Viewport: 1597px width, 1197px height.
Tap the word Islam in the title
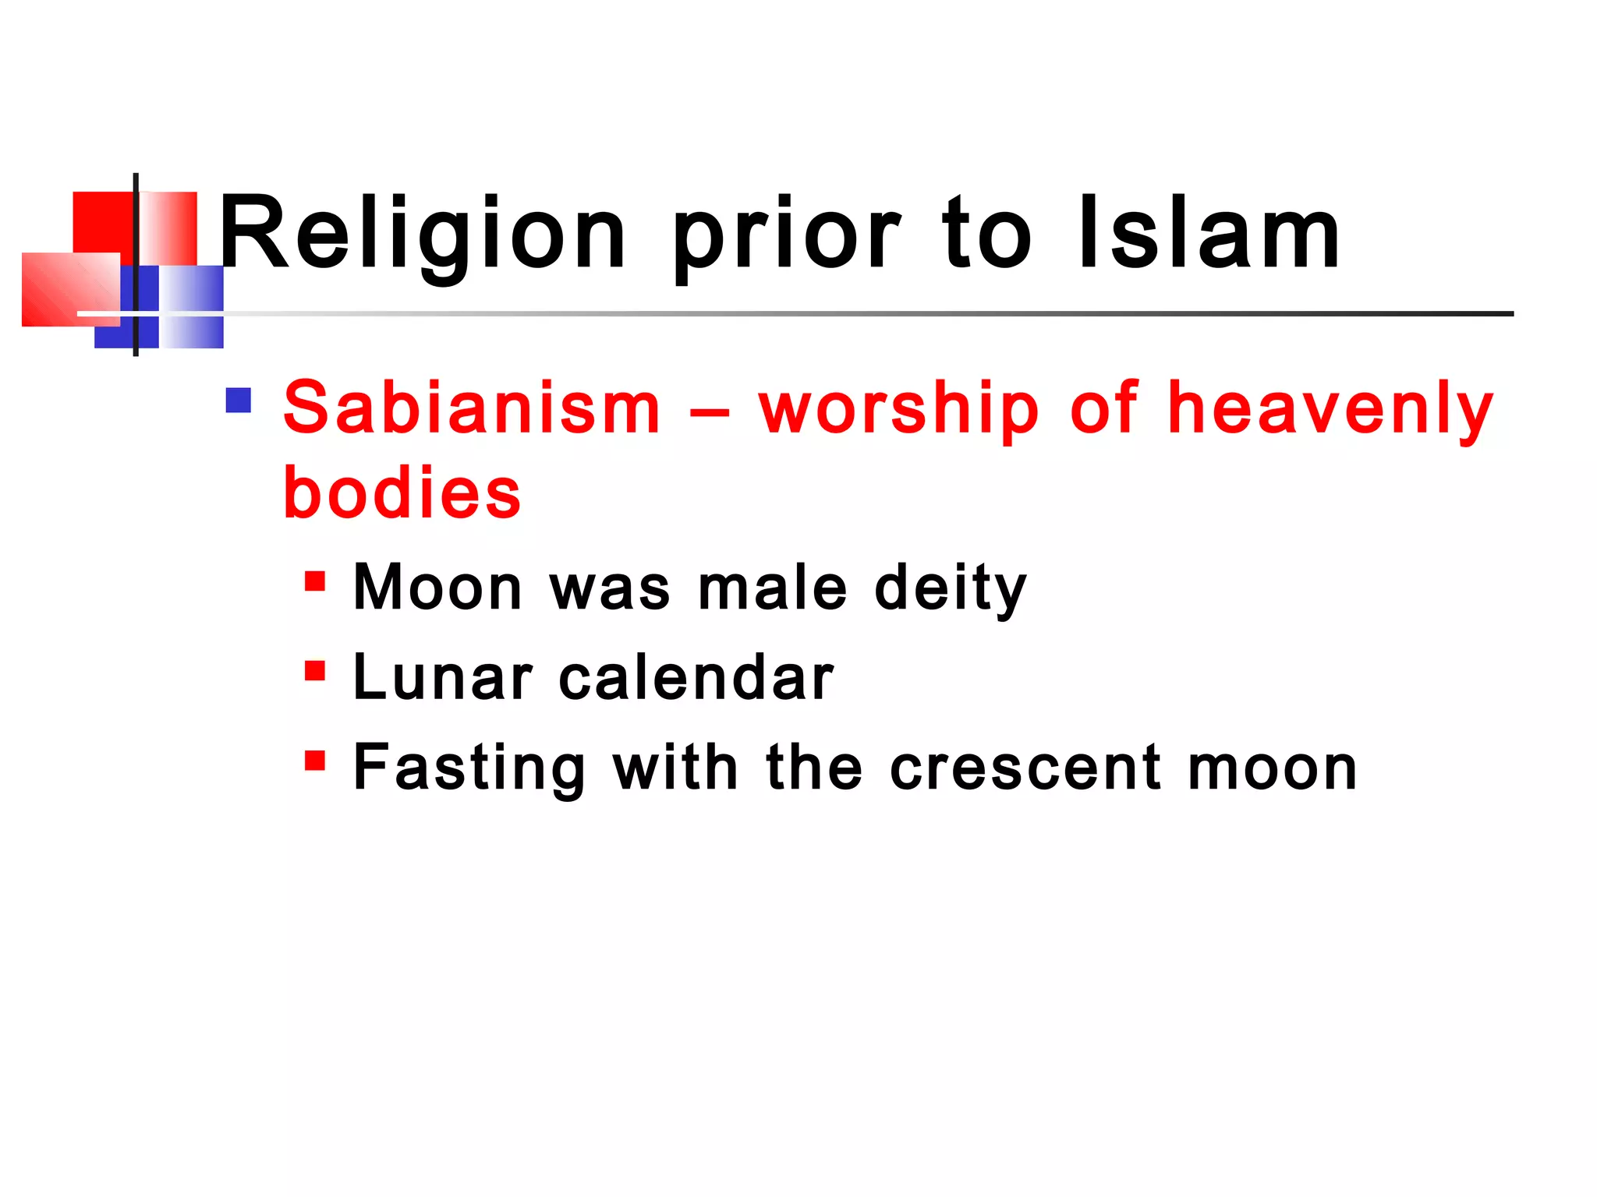coord(1209,234)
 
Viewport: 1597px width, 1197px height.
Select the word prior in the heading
coord(787,238)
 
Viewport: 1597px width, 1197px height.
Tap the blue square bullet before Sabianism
coord(239,401)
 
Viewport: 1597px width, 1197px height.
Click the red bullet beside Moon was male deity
coord(315,581)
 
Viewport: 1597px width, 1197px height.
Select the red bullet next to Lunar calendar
coord(315,671)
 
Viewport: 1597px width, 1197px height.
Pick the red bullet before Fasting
coord(315,761)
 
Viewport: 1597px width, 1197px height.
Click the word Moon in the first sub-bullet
coord(437,588)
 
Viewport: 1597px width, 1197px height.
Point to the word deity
coord(951,589)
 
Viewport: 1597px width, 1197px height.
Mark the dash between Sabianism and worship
coord(710,411)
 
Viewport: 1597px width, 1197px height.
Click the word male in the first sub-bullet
coord(772,588)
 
